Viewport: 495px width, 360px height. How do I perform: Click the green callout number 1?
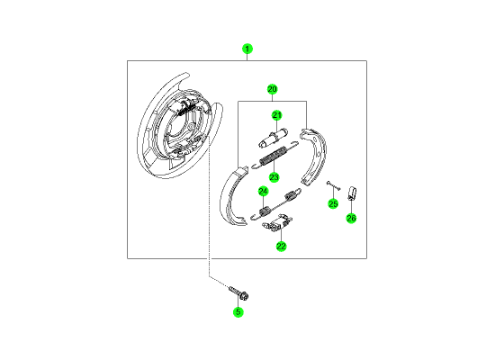(247, 49)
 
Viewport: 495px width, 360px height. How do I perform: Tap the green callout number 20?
(272, 89)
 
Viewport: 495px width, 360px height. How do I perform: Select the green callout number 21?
(277, 115)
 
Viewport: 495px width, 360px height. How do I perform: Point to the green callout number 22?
(281, 246)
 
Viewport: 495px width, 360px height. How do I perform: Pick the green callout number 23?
(274, 177)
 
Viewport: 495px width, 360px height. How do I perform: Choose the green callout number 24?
(263, 192)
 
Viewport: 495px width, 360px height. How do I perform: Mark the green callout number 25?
(333, 203)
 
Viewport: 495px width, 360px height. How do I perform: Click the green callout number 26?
(351, 218)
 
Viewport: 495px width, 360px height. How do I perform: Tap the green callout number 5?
(238, 312)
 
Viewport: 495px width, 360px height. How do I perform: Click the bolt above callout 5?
(238, 292)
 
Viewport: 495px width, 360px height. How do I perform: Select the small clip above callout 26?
(352, 193)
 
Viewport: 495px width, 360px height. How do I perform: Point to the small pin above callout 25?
(333, 185)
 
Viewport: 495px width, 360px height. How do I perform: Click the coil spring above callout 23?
(274, 155)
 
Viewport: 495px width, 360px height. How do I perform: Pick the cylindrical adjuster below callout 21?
(273, 137)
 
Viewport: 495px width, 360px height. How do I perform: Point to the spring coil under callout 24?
(264, 211)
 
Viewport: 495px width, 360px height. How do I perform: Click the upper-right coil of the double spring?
(292, 194)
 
